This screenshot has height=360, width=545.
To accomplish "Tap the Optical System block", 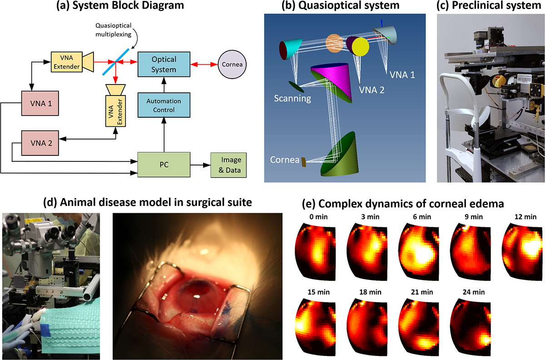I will point(164,65).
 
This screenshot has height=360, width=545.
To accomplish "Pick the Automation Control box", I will point(164,105).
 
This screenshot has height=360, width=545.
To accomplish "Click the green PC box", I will point(164,165).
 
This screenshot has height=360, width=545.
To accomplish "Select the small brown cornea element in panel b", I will point(303,160).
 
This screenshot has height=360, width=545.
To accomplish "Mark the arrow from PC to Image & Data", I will point(199,165).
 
